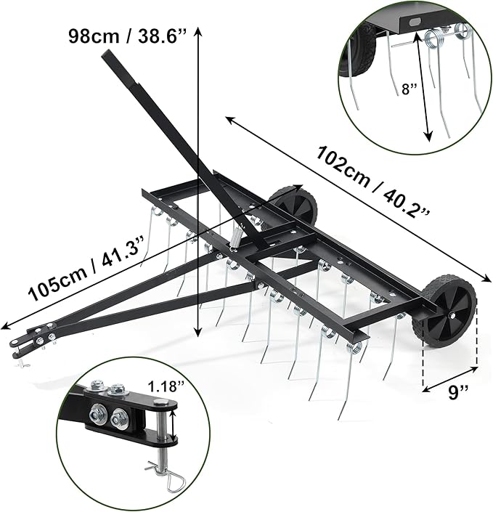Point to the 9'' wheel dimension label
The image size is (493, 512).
[x=457, y=393]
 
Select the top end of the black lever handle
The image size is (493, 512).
[x=109, y=59]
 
